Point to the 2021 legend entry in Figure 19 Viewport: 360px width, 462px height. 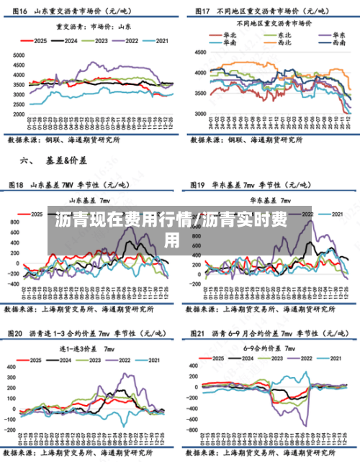(x=336, y=214)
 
